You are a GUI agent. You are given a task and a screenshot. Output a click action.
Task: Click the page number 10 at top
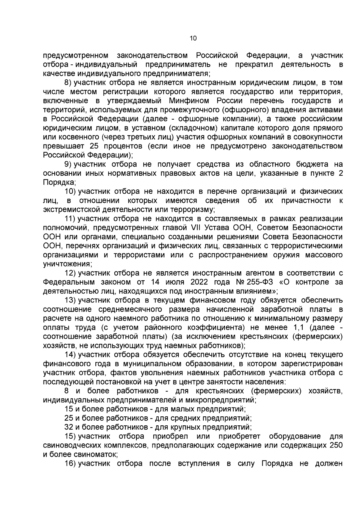[x=193, y=38]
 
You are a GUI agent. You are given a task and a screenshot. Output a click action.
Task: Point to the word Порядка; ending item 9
[x=59, y=182]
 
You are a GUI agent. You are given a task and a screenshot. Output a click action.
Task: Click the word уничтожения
[x=67, y=264]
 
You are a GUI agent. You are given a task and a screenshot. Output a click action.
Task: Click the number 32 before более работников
[x=69, y=427]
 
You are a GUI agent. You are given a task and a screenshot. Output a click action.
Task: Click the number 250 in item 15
[x=336, y=445]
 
